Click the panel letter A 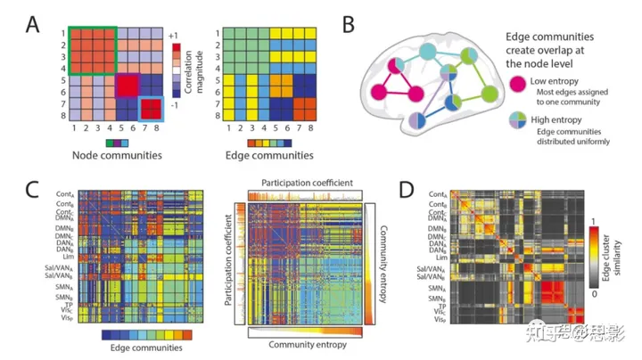tap(33, 19)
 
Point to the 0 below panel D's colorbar tap(596, 291)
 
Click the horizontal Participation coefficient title tap(308, 183)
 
